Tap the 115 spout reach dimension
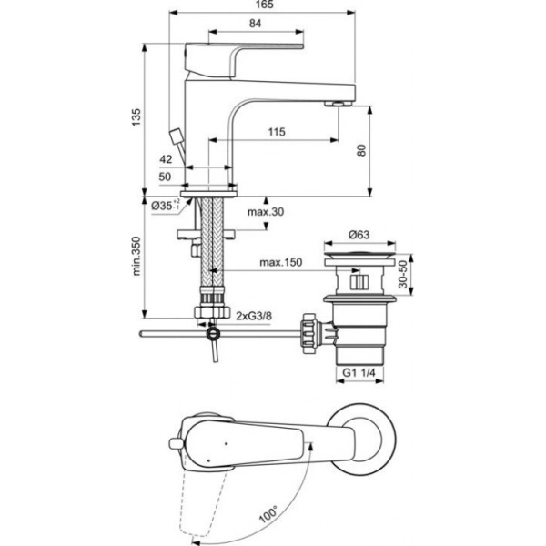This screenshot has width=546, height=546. click(x=277, y=133)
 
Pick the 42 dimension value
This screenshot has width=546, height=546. click(x=166, y=159)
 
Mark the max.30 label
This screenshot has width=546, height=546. click(x=266, y=213)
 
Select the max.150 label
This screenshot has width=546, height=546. click(x=280, y=263)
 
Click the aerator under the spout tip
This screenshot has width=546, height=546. click(x=338, y=101)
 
